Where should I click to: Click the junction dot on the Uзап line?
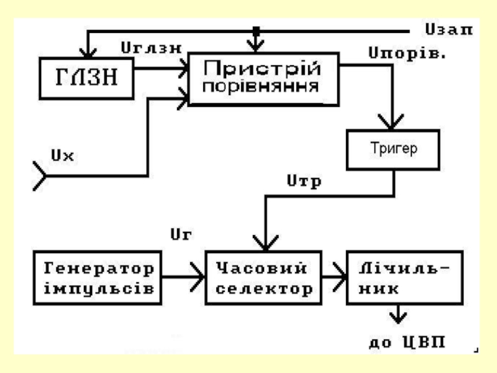[x=255, y=30]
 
